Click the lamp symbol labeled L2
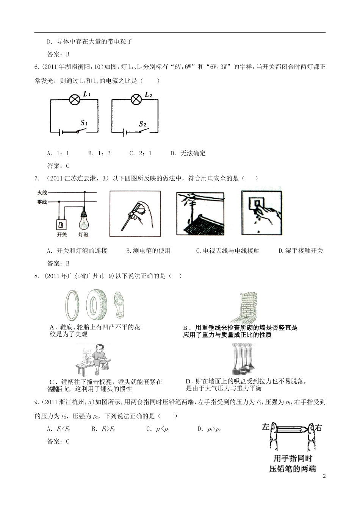coord(136,100)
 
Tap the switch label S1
coord(84,123)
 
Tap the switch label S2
coord(142,124)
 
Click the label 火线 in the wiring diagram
coord(42,193)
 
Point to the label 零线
coord(42,202)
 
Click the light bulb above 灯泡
coord(83,219)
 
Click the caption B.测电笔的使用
coord(148,251)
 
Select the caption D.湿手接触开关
coord(301,251)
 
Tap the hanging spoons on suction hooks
coord(242,358)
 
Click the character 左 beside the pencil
coord(266,428)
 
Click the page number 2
coord(324,476)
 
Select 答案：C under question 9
coord(58,441)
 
